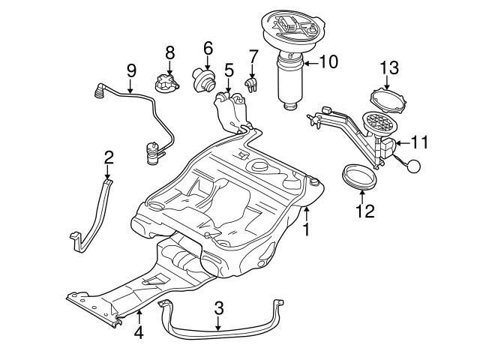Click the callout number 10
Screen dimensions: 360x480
point(328,62)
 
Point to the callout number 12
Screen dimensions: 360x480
point(364,211)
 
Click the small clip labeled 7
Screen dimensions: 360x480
point(251,83)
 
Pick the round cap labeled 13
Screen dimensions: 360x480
point(388,100)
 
